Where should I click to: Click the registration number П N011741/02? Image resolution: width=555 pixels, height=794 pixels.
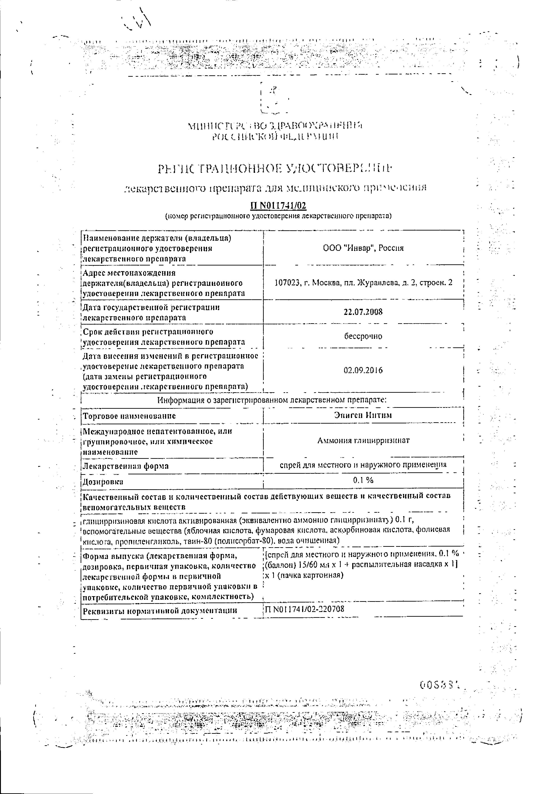tap(278, 206)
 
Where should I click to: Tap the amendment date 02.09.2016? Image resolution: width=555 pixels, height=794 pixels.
tap(363, 370)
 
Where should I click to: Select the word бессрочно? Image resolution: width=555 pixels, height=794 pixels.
tap(363, 336)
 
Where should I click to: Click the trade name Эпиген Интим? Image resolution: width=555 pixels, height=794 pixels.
tap(363, 415)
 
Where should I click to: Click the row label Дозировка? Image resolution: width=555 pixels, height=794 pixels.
tap(103, 481)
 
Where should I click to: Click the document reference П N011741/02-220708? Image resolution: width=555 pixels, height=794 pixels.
tap(304, 609)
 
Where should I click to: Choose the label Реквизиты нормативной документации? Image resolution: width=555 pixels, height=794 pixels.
tap(160, 610)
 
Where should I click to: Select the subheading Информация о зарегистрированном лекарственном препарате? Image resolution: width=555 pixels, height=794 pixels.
tap(272, 400)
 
